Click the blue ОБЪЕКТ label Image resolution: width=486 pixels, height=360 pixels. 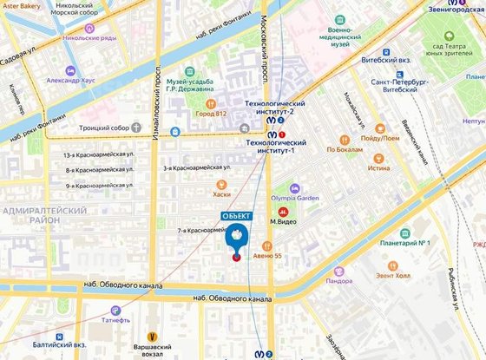236,215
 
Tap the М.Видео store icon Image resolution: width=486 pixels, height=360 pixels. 282,211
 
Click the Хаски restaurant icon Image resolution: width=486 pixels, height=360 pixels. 221,183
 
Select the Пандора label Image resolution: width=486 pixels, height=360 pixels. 338,280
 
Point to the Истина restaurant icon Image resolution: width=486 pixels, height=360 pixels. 378,158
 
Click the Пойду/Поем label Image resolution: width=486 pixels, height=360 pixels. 382,136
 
